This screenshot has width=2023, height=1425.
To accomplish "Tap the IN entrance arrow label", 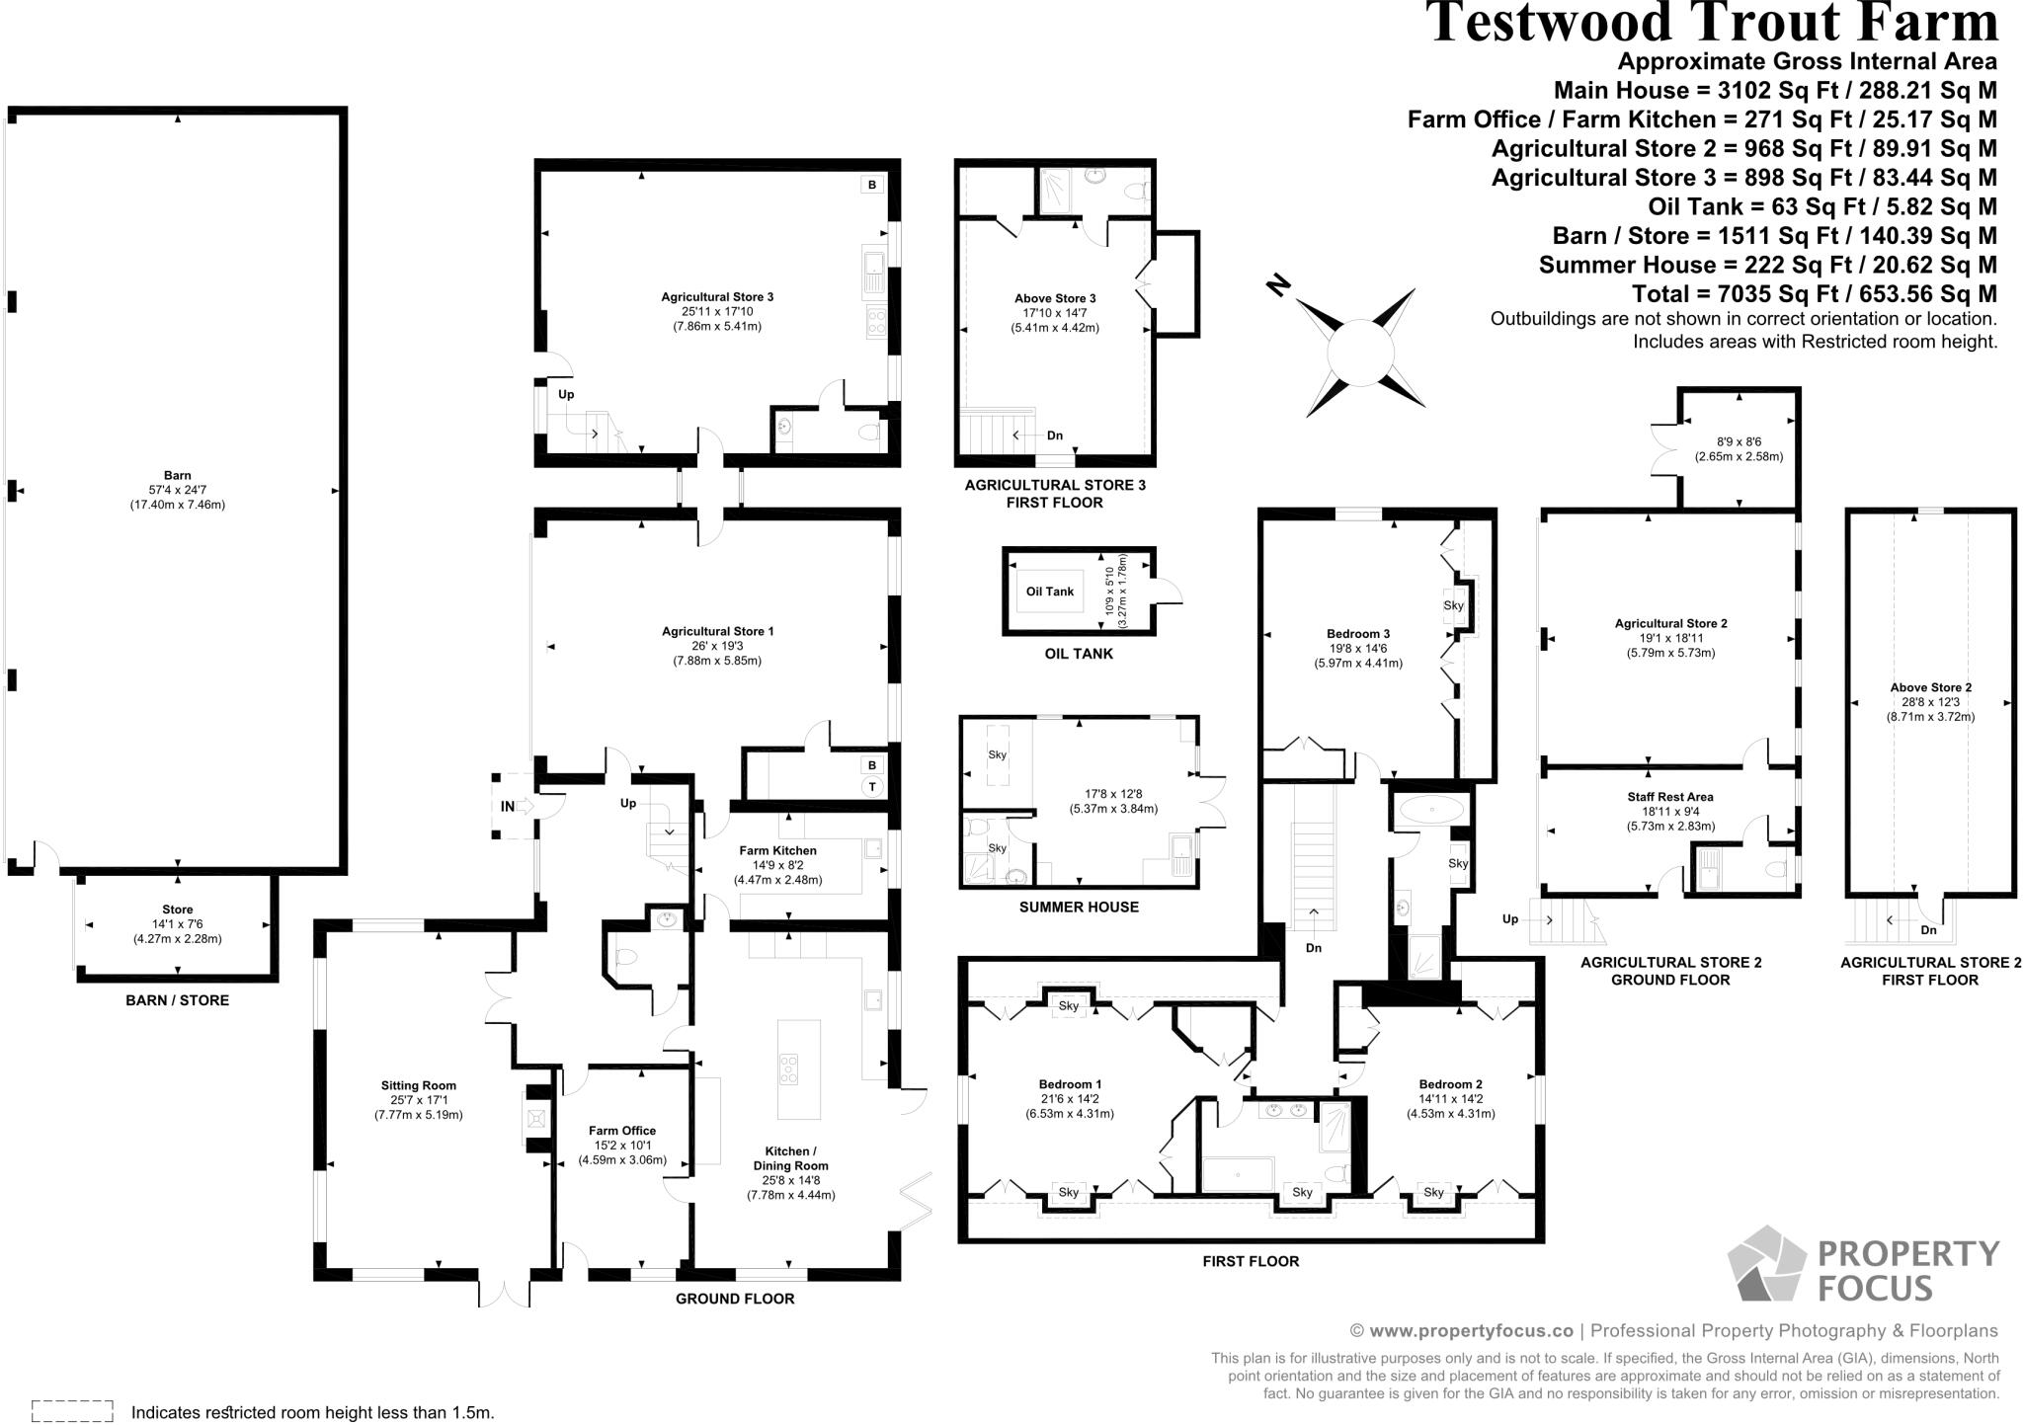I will click(x=508, y=806).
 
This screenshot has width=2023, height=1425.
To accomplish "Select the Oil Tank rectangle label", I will click(x=1049, y=592).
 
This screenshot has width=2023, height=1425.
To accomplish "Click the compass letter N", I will click(x=1279, y=286).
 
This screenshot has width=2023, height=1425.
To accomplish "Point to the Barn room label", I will click(x=178, y=475).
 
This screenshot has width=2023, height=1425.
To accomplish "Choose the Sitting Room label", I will click(x=418, y=1085).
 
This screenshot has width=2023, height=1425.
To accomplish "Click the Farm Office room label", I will click(x=622, y=1131).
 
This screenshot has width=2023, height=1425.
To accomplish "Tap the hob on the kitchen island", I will click(x=789, y=1069).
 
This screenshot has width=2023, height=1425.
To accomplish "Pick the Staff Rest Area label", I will click(x=1670, y=797).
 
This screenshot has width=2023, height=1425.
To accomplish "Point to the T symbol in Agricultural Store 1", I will click(x=872, y=787).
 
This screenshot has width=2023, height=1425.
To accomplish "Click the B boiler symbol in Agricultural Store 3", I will click(x=872, y=185).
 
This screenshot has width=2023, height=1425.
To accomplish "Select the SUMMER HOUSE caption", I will click(x=1079, y=907).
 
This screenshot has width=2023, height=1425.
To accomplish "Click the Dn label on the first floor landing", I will click(x=1314, y=948).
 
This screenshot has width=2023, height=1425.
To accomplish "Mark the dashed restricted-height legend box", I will click(x=72, y=1410).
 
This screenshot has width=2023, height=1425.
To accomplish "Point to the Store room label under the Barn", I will click(x=178, y=910).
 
